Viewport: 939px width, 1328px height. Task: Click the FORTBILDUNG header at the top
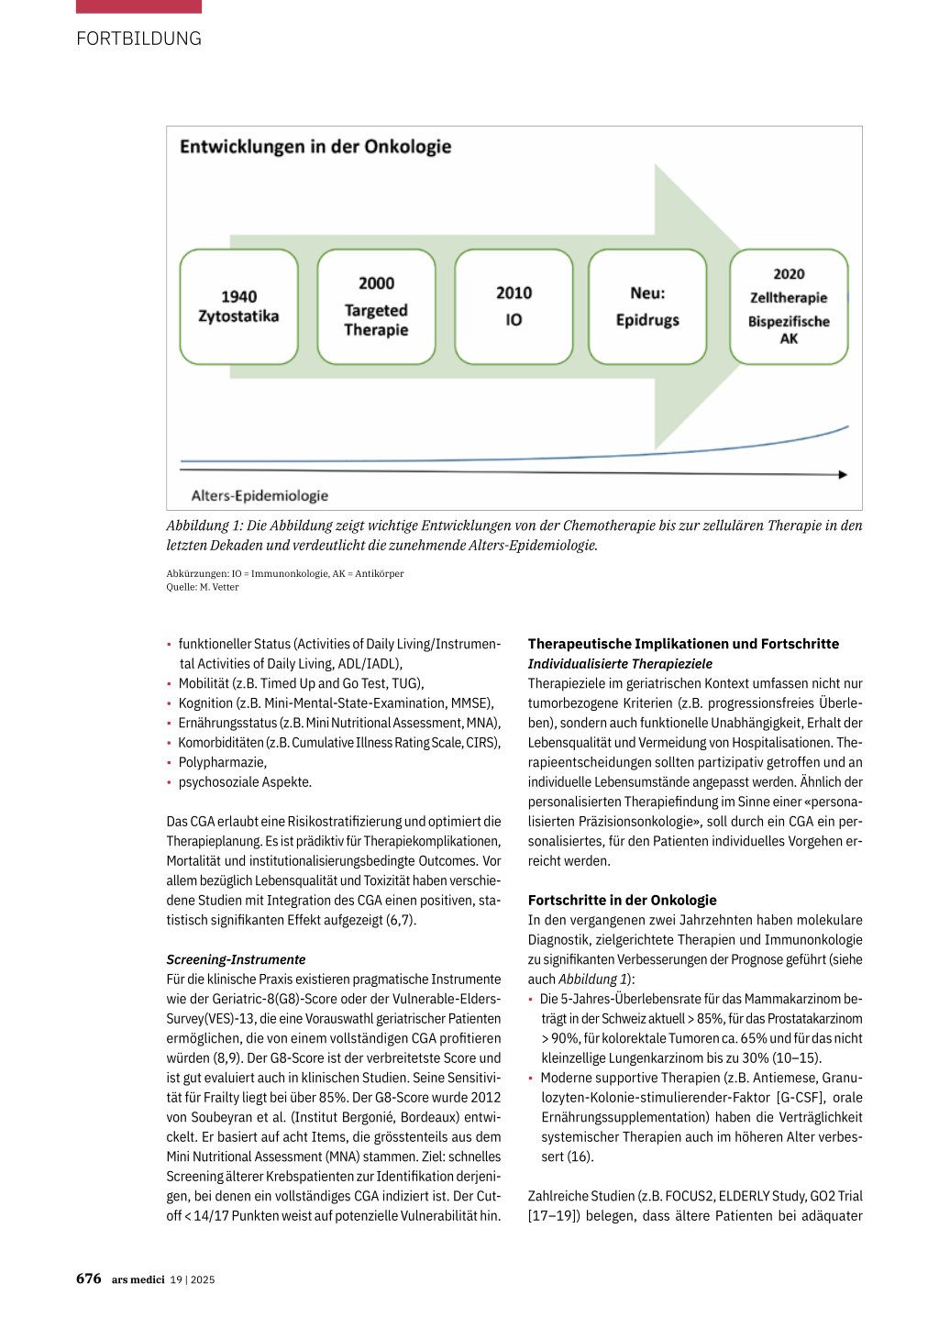(138, 39)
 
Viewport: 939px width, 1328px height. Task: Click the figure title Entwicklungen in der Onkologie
(315, 147)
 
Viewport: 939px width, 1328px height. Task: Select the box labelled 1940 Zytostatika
(238, 306)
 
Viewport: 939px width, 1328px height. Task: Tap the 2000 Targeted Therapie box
(376, 306)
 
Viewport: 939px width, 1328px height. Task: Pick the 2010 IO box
(514, 306)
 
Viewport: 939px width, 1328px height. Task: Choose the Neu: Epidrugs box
(647, 306)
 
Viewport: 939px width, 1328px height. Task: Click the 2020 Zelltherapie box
(789, 306)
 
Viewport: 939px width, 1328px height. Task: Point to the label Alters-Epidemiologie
(260, 496)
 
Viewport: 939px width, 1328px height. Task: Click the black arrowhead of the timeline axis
(843, 474)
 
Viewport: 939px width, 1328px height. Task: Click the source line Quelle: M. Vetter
(203, 587)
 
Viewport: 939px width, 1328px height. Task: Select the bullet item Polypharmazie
(222, 762)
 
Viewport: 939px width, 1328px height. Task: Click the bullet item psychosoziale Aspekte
(245, 782)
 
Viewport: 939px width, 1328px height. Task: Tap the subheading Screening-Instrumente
(236, 959)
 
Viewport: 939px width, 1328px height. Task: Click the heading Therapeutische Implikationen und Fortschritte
(683, 644)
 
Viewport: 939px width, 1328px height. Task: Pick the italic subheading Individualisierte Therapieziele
(620, 664)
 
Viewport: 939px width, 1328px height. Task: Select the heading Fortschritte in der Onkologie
(622, 901)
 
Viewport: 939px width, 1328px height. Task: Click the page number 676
(89, 1278)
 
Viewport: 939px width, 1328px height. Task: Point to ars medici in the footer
(138, 1279)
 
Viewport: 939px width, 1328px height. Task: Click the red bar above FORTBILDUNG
(138, 6)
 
